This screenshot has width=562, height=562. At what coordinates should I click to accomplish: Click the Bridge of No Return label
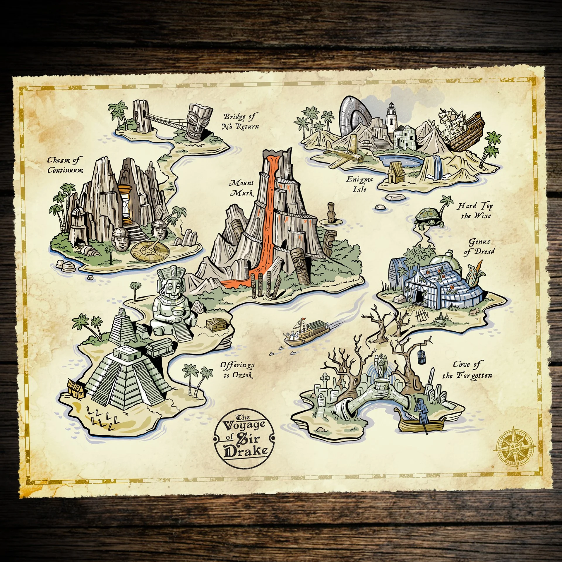[240, 121]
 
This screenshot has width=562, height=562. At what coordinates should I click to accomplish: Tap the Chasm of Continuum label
[65, 165]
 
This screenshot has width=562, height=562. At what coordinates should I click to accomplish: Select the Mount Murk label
[242, 188]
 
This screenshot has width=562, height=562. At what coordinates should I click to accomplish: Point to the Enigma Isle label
[359, 184]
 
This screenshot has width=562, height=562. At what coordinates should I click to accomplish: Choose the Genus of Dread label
[479, 247]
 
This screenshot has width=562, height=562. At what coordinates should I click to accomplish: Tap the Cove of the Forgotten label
[467, 370]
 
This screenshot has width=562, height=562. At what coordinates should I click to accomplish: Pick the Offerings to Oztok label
[237, 370]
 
